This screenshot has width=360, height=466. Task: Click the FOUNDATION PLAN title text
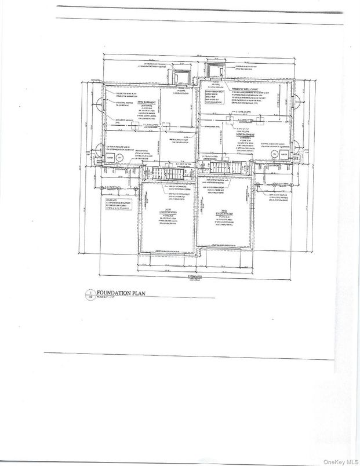tap(119, 293)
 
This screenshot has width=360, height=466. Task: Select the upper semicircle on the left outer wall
tap(101, 106)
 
